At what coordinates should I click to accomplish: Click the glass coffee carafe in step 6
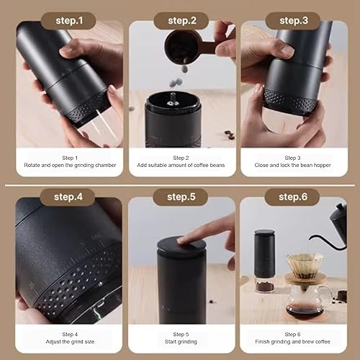[306, 299]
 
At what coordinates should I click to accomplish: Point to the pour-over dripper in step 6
[305, 265]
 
